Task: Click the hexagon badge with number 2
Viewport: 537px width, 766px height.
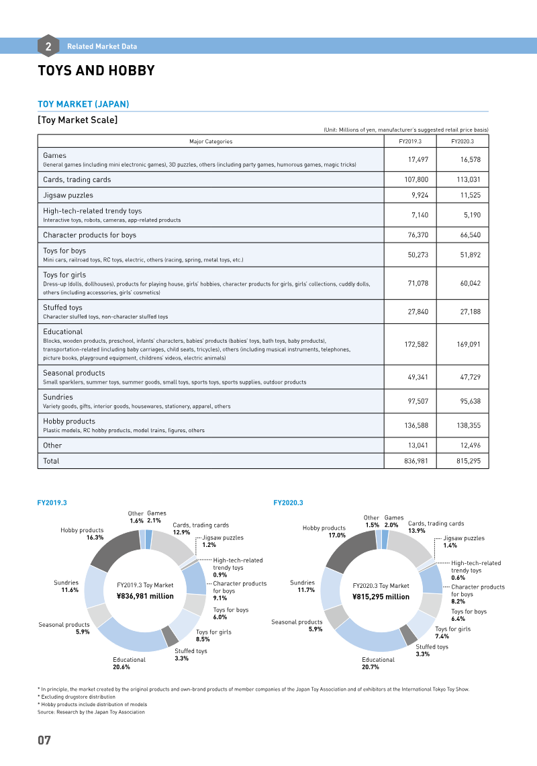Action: click(48, 46)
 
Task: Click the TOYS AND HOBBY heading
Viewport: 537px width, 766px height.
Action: click(96, 71)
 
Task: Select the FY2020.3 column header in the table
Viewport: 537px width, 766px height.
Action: click(462, 141)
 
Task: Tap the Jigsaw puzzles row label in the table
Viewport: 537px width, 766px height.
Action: click(68, 195)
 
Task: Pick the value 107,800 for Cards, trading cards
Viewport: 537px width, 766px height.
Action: click(416, 179)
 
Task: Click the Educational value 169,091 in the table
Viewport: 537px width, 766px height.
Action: click(469, 345)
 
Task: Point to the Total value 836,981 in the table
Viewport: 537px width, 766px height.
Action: click(416, 461)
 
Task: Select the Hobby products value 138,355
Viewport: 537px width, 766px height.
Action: click(469, 425)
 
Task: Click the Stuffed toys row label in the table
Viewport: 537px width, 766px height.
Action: click(62, 307)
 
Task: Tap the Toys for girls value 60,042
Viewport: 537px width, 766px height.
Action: click(470, 283)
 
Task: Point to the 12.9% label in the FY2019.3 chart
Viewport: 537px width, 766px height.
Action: click(181, 532)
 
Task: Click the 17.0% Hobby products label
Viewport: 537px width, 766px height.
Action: click(337, 536)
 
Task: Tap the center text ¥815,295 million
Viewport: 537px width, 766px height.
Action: click(381, 597)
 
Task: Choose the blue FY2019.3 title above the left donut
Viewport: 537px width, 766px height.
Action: click(52, 503)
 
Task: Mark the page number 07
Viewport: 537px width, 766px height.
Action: click(44, 740)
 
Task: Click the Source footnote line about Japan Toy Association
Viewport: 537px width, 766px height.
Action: click(91, 712)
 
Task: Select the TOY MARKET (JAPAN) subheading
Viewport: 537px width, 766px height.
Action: click(83, 104)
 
